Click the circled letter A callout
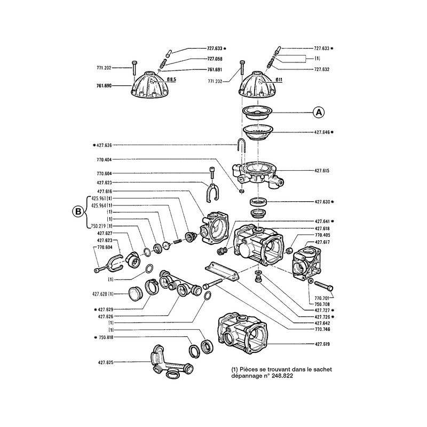319,112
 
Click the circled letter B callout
78,212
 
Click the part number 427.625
107,362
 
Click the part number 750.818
107,338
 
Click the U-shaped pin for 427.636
241,146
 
